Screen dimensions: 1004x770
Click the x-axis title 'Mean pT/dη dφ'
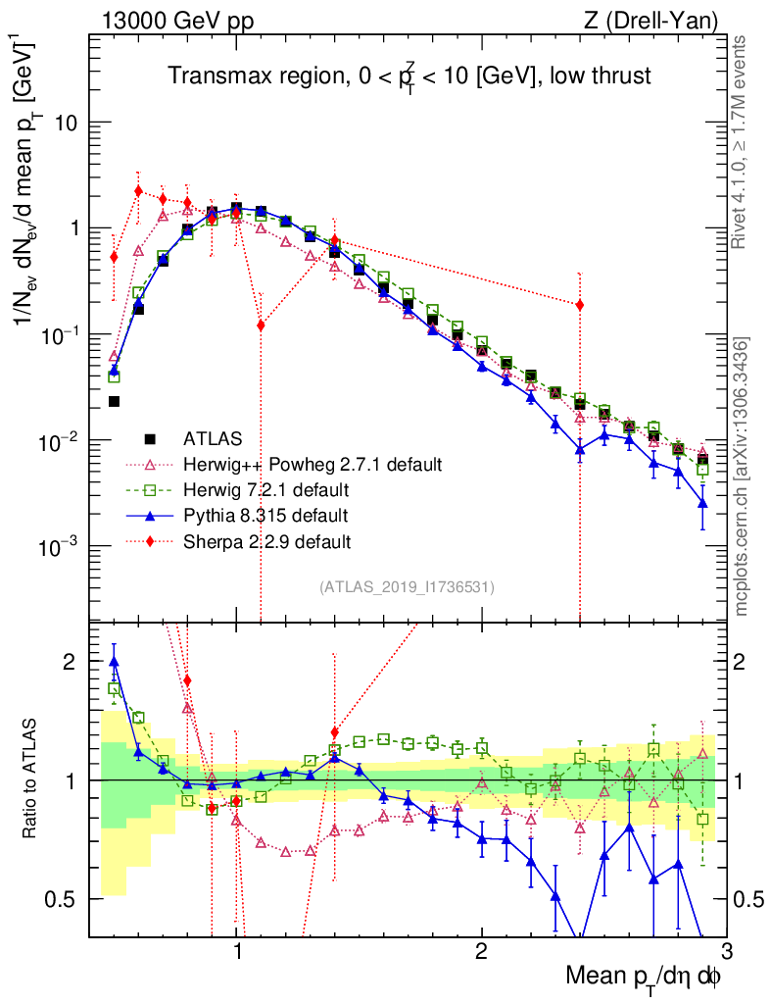coord(644,977)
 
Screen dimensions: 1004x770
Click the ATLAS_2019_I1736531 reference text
coord(407,587)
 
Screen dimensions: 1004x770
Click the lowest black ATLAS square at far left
coord(114,401)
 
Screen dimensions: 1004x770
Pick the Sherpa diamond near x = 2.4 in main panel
coord(580,305)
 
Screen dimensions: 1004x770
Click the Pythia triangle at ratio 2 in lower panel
coord(114,662)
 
